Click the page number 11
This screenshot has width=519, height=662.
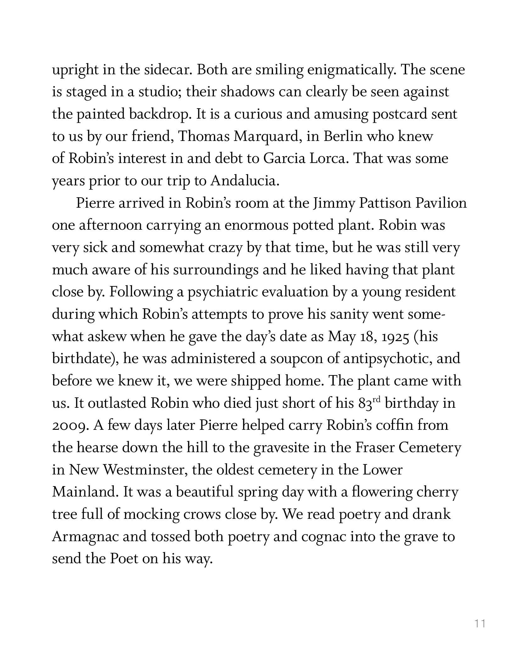pyautogui.click(x=480, y=623)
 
